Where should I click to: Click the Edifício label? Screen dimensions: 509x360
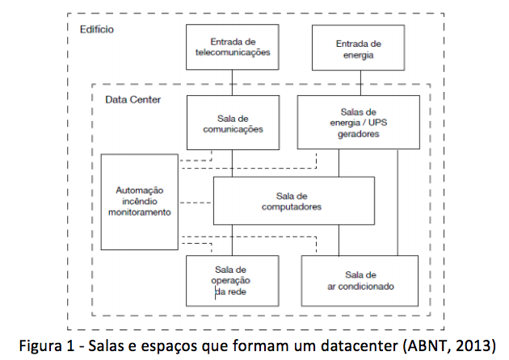(x=97, y=30)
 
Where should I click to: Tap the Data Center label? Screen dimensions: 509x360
(x=133, y=99)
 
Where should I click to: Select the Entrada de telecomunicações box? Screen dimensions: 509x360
(x=233, y=47)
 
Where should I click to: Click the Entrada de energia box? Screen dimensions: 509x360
(x=359, y=48)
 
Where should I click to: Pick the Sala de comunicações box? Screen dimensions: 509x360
(x=233, y=123)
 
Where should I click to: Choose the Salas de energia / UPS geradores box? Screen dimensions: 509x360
(x=359, y=122)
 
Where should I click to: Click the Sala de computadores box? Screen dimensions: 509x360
(x=294, y=201)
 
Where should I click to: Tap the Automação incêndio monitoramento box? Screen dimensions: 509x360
(x=140, y=202)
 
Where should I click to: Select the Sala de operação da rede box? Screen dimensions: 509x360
(x=233, y=281)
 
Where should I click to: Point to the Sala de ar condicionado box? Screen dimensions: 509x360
(x=360, y=281)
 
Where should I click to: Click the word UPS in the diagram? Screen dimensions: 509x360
(x=377, y=123)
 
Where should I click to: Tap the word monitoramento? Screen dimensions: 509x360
(x=140, y=212)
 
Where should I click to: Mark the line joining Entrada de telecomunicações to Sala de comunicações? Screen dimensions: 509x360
(x=232, y=82)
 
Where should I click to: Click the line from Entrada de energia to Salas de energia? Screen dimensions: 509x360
(x=360, y=83)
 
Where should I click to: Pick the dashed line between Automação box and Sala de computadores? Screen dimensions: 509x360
(x=196, y=203)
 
